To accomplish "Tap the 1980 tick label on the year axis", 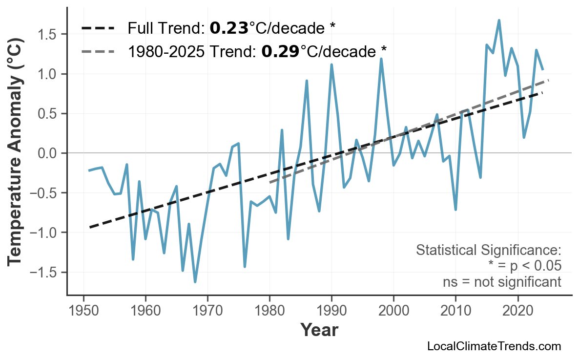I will [x=269, y=311].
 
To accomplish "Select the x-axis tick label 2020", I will [x=517, y=311].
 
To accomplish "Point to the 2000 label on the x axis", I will [x=393, y=311].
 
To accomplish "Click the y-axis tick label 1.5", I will [x=47, y=35].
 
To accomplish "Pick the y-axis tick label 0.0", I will [x=47, y=153].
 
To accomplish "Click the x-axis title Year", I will [x=319, y=331].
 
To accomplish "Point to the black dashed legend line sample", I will [x=98, y=28].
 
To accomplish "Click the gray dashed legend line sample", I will [x=98, y=50].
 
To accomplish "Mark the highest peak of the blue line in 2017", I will [x=499, y=21].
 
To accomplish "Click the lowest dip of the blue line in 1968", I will [x=195, y=282].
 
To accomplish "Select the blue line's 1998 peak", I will [x=381, y=59].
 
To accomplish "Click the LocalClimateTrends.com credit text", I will [x=494, y=346].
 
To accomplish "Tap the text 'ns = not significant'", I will [x=501, y=282].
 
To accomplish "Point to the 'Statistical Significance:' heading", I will [x=488, y=251].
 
